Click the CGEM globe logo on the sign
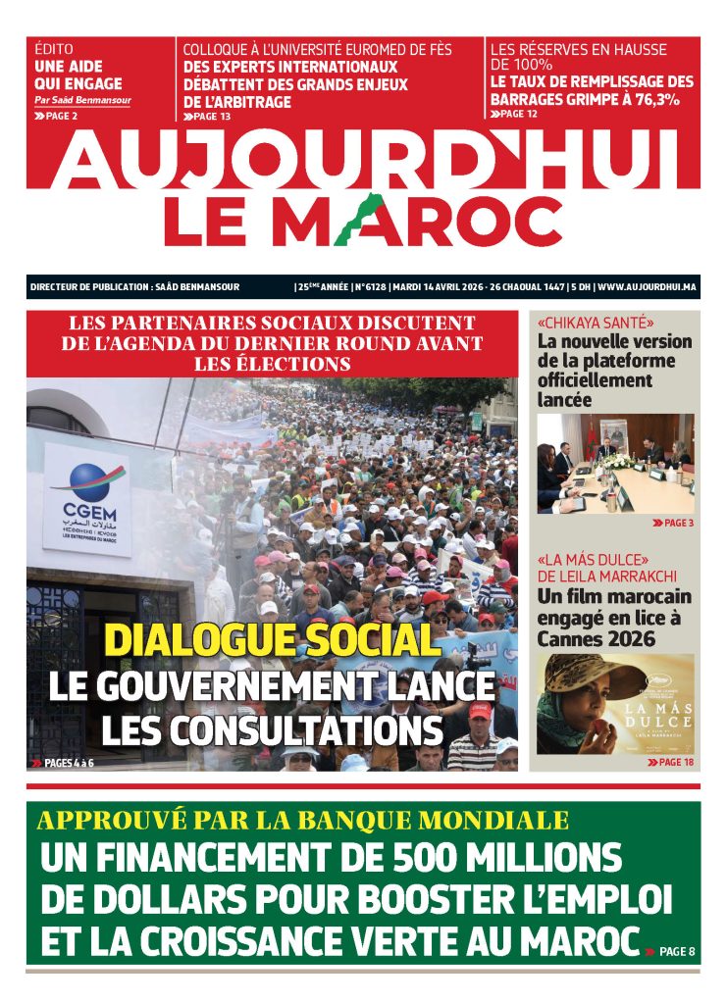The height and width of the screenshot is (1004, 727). tap(86, 480)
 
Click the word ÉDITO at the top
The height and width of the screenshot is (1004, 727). tap(54, 49)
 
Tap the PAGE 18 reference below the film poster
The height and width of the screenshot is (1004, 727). tap(675, 762)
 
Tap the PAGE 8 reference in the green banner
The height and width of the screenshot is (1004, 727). tap(677, 951)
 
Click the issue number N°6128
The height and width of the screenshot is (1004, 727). tap(367, 287)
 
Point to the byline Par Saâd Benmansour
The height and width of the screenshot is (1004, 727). tap(82, 100)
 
